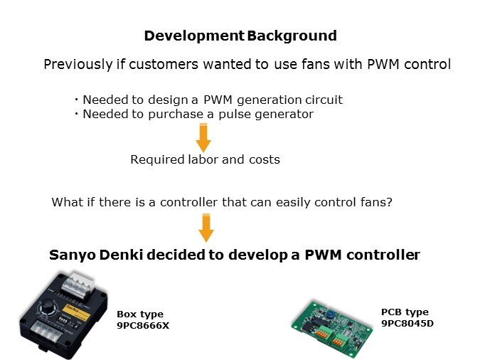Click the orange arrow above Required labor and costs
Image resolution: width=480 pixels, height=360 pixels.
204,137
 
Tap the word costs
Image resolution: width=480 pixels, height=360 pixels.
263,159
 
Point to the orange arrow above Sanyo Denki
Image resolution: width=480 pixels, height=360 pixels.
206,228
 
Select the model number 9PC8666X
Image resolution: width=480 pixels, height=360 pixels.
143,325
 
